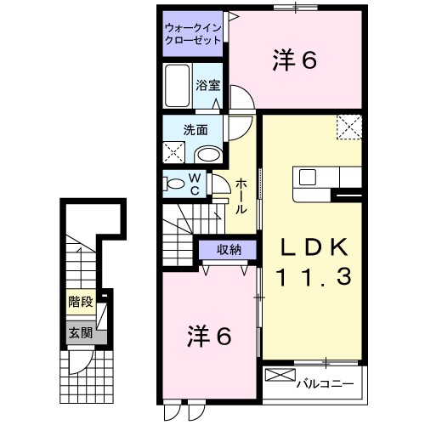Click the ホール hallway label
pos(241,195)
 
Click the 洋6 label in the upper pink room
pos(295,60)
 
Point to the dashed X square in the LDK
pos(348,127)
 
